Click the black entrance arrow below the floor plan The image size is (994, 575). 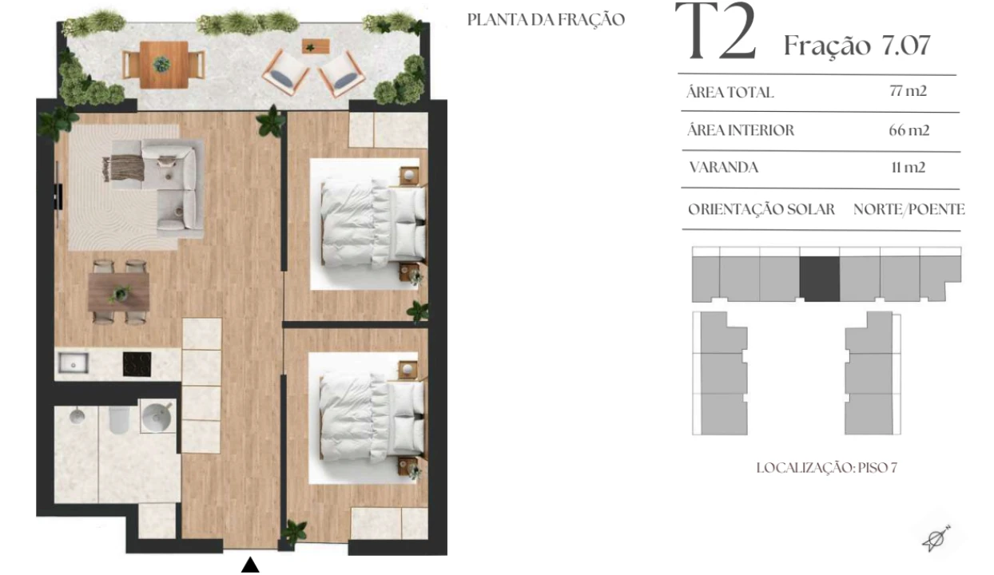[250, 565]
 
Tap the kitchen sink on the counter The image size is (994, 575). [74, 363]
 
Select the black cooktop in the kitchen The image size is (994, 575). [137, 364]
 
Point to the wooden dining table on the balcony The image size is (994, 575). [164, 65]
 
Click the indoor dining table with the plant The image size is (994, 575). [118, 292]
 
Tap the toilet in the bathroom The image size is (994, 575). [118, 419]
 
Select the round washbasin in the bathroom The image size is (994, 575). [156, 416]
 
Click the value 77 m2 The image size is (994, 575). [908, 91]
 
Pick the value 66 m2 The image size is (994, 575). [909, 130]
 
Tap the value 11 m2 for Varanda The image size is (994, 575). [909, 167]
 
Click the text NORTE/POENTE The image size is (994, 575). [909, 209]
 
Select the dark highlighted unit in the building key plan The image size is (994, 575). [820, 279]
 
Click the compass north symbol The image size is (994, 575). [936, 538]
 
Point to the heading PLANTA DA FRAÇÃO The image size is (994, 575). [547, 20]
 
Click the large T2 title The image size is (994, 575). [715, 31]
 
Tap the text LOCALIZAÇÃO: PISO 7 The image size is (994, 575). [827, 468]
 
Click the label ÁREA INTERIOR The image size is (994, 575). [741, 130]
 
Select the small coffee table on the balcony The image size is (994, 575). [316, 46]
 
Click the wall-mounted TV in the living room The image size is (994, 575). [58, 195]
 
